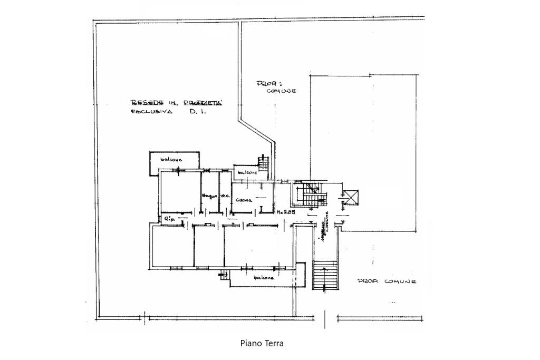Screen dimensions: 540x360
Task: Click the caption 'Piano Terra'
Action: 262,343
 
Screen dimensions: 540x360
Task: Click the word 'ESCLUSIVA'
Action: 151,112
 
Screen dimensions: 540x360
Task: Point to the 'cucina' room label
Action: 244,200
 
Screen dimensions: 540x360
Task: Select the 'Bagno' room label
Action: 209,196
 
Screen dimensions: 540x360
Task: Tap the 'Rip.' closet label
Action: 169,218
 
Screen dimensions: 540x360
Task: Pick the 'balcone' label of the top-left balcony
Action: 171,160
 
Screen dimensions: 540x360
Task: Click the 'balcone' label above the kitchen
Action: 247,172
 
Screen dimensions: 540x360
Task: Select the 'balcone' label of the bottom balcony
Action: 264,278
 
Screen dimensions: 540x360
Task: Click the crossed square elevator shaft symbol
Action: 351,197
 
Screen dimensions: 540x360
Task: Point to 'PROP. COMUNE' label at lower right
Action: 387,282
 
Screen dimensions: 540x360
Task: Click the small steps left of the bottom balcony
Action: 224,274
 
